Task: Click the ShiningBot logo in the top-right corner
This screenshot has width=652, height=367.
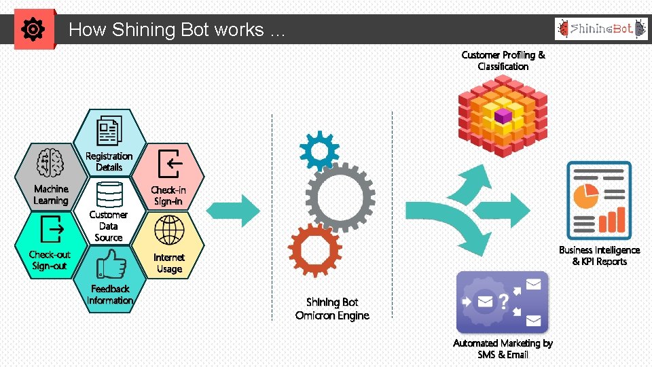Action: [x=600, y=29]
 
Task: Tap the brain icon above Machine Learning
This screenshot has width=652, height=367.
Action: [x=51, y=164]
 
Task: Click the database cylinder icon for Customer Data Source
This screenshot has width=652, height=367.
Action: [x=109, y=194]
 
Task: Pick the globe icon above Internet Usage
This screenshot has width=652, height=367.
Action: [x=169, y=230]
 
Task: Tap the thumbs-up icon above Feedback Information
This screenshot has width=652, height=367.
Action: [x=109, y=264]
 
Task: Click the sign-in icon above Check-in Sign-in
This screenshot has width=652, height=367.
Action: [x=168, y=163]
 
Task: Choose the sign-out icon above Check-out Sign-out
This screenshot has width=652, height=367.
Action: [x=51, y=229]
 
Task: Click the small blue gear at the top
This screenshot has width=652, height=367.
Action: [x=319, y=150]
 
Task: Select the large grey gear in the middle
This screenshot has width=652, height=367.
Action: [x=340, y=196]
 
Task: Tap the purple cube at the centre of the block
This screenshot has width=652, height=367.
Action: [x=503, y=116]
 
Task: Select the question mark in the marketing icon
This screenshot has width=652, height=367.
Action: [x=503, y=301]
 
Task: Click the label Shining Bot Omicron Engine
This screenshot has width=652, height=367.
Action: [x=332, y=309]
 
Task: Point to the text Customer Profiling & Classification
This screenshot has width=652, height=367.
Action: [x=503, y=60]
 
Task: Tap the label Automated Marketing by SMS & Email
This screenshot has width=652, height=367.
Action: [x=503, y=349]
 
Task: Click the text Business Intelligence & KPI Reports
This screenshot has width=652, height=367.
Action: [x=599, y=256]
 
